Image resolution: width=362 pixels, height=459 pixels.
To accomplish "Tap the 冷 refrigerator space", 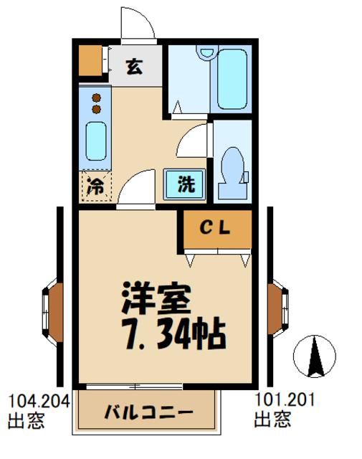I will click(x=95, y=186).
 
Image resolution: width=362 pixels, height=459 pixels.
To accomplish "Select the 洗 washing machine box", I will click(x=185, y=184).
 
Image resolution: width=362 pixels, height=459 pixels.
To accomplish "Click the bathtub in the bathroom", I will click(x=232, y=78).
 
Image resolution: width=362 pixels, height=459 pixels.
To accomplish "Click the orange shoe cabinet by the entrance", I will click(x=91, y=62).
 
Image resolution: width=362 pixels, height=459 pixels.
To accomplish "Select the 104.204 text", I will click(x=39, y=401).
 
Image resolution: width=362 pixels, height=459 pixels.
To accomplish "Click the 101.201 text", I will click(x=285, y=400).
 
